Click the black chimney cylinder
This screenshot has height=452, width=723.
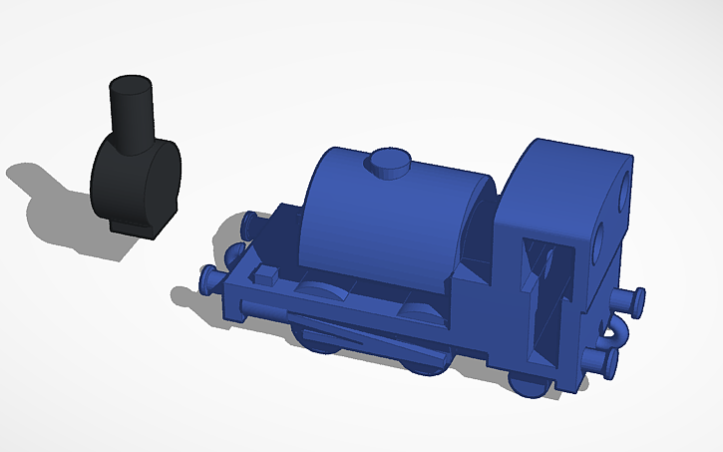(x=131, y=111)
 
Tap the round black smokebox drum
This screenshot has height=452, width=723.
(x=137, y=184)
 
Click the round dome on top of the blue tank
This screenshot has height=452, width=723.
(x=390, y=163)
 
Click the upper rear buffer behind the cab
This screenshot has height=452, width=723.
(x=628, y=297)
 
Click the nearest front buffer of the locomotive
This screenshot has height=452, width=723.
(x=211, y=282)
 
